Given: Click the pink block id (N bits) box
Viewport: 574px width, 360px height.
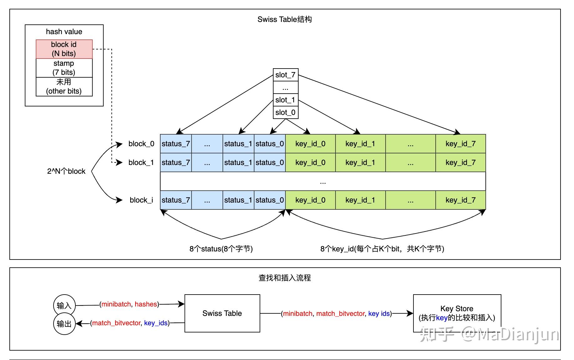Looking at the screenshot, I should pyautogui.click(x=64, y=49).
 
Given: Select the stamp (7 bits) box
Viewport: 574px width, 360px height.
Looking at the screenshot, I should pyautogui.click(x=64, y=68).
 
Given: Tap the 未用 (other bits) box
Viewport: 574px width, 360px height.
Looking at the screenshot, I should pyautogui.click(x=64, y=87).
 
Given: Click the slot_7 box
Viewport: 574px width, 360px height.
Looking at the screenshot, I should pyautogui.click(x=285, y=75).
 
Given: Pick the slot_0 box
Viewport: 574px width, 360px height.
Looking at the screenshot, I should pyautogui.click(x=285, y=112).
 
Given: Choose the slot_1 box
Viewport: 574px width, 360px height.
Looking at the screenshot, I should pyautogui.click(x=285, y=100).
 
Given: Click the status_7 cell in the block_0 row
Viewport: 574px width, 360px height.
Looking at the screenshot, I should pyautogui.click(x=176, y=144).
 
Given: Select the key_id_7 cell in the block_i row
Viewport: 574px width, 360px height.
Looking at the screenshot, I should pyautogui.click(x=460, y=200).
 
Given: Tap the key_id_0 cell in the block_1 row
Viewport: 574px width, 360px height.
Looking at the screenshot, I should pyautogui.click(x=310, y=162).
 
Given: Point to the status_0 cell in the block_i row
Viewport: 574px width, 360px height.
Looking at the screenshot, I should pyautogui.click(x=269, y=200).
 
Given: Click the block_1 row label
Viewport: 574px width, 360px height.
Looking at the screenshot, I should pyautogui.click(x=141, y=162).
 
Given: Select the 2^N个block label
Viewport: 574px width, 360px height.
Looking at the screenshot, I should pyautogui.click(x=66, y=171).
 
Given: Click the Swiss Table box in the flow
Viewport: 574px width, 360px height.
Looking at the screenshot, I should pyautogui.click(x=222, y=313).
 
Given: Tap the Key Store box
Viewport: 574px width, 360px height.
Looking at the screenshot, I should pyautogui.click(x=457, y=313).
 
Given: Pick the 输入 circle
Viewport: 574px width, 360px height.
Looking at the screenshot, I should pyautogui.click(x=64, y=305).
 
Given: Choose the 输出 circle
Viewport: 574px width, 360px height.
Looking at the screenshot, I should pyautogui.click(x=64, y=324).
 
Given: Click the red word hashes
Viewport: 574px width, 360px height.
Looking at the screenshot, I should pyautogui.click(x=146, y=304).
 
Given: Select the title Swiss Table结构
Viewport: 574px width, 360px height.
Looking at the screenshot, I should pyautogui.click(x=284, y=19).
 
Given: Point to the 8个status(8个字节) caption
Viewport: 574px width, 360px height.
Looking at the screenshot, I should pyautogui.click(x=221, y=249).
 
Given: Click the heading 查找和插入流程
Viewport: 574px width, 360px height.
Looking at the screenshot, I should pyautogui.click(x=284, y=278).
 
